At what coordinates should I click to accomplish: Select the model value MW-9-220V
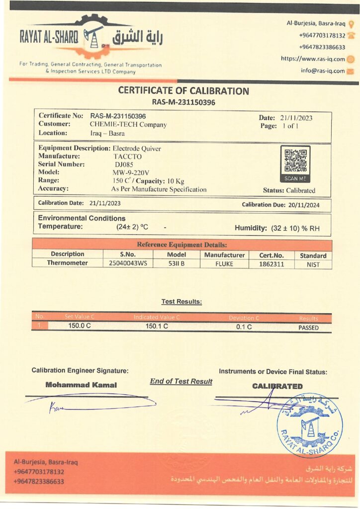coord(128,172)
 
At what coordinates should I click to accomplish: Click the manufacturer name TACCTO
coord(128,157)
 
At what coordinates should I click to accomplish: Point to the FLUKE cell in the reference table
coord(224,264)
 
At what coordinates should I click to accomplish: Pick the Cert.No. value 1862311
coord(272,264)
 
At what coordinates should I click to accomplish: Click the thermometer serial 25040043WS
coord(128,264)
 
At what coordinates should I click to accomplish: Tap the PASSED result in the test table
coord(308,328)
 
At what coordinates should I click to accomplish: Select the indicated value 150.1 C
coord(157,327)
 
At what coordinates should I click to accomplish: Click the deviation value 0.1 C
coord(244,327)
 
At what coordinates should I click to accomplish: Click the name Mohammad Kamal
coord(81,385)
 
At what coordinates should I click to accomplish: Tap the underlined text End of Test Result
coord(181,381)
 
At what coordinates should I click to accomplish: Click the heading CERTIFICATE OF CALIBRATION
coord(183,91)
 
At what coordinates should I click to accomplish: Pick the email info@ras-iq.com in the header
coord(323,71)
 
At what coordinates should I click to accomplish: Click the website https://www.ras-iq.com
coord(313,59)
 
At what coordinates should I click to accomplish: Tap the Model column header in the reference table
coord(176,255)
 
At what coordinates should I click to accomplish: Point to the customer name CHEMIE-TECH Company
coord(128,125)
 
